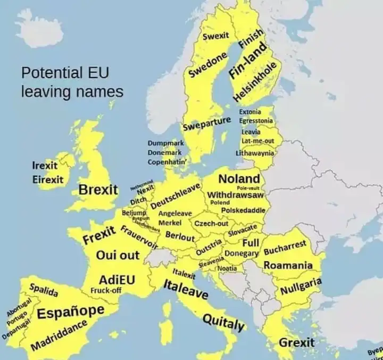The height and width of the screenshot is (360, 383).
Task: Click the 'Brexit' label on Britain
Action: coord(98,190)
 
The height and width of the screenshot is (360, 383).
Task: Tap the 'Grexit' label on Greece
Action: coord(297,342)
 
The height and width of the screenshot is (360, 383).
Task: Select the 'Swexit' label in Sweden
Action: coord(216,36)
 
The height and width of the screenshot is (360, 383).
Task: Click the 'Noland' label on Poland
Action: coord(239,179)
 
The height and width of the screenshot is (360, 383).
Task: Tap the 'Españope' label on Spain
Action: coord(70,312)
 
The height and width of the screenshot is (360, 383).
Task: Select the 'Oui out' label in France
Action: coord(118,255)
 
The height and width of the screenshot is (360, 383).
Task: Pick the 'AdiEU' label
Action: coord(117,280)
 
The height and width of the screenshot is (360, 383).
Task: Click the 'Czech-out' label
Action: coord(211,224)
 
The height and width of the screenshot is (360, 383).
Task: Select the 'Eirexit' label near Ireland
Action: coord(48,179)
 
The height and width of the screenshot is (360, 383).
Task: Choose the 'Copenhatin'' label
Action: coord(165,161)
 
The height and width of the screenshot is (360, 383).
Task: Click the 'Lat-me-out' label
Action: coord(257,141)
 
